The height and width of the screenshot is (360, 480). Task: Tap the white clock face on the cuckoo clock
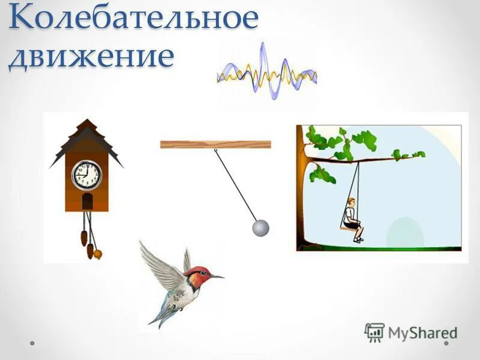click(x=87, y=175)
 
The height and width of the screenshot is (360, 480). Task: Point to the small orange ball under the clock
click(x=97, y=254)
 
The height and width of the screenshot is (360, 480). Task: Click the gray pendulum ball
click(x=260, y=228)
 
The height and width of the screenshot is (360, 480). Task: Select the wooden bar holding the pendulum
click(x=215, y=144)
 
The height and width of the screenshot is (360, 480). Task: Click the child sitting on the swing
click(x=353, y=219)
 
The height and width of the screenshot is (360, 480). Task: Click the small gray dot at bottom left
click(x=32, y=343)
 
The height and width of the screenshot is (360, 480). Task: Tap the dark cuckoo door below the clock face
click(x=87, y=201)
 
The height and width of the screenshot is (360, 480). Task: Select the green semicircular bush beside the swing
click(x=404, y=234)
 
